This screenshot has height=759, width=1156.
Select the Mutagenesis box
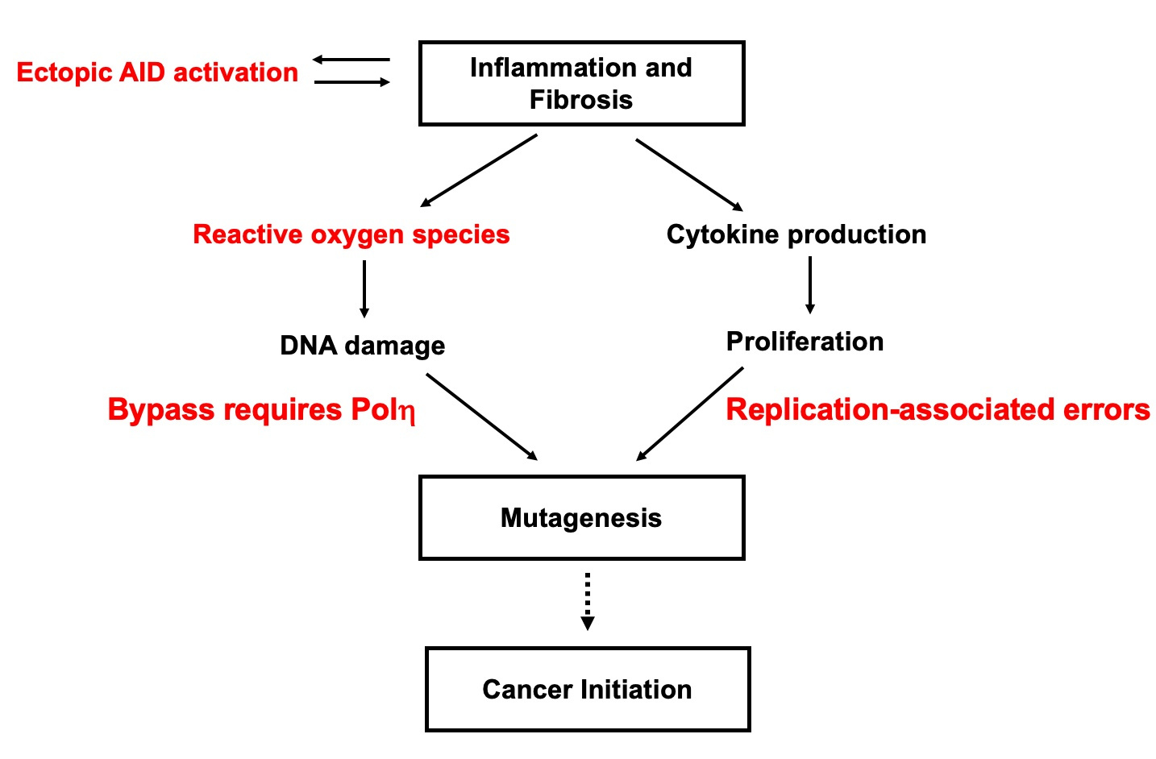pyautogui.click(x=581, y=517)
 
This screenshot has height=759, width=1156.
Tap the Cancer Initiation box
pyautogui.click(x=587, y=689)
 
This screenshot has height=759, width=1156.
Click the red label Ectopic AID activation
pyautogui.click(x=157, y=73)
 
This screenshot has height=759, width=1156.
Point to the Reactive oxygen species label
pyautogui.click(x=351, y=234)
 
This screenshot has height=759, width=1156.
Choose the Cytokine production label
pyautogui.click(x=796, y=234)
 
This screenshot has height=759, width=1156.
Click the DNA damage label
pyautogui.click(x=362, y=346)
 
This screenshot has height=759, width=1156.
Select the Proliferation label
pyautogui.click(x=805, y=342)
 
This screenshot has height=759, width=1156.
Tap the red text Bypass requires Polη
pyautogui.click(x=261, y=410)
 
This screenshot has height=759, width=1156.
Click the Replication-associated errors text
pyautogui.click(x=938, y=409)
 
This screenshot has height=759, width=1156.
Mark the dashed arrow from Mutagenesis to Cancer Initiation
pyautogui.click(x=588, y=600)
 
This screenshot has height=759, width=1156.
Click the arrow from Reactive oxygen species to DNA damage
pyautogui.click(x=364, y=288)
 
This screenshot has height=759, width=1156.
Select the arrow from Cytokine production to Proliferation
pyautogui.click(x=810, y=284)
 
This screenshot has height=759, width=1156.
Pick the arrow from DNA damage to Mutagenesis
pyautogui.click(x=481, y=417)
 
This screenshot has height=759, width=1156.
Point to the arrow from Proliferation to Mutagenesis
pyautogui.click(x=690, y=414)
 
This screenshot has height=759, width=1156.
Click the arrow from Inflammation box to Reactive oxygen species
pyautogui.click(x=479, y=171)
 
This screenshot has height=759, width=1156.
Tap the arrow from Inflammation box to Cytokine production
pyautogui.click(x=689, y=175)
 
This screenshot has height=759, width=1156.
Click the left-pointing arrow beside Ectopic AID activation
pyautogui.click(x=351, y=60)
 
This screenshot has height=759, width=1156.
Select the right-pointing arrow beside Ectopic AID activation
pyautogui.click(x=351, y=82)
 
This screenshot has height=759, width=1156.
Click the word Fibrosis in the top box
pyautogui.click(x=580, y=100)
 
